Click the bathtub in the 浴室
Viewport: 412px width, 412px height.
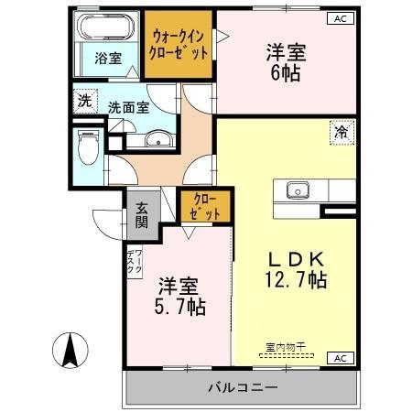click(107, 27)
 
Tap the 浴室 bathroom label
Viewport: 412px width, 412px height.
click(107, 59)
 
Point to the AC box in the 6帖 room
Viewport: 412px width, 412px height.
click(338, 18)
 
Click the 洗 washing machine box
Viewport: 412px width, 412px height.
click(83, 101)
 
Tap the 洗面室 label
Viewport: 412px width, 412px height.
click(128, 106)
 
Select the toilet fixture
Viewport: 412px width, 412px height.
click(89, 146)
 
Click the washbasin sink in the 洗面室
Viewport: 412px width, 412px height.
click(158, 140)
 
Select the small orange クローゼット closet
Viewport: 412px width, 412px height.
click(204, 206)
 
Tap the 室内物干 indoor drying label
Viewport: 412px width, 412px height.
click(286, 347)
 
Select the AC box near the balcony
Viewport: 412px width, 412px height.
click(339, 358)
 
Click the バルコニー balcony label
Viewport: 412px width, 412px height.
click(243, 389)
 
